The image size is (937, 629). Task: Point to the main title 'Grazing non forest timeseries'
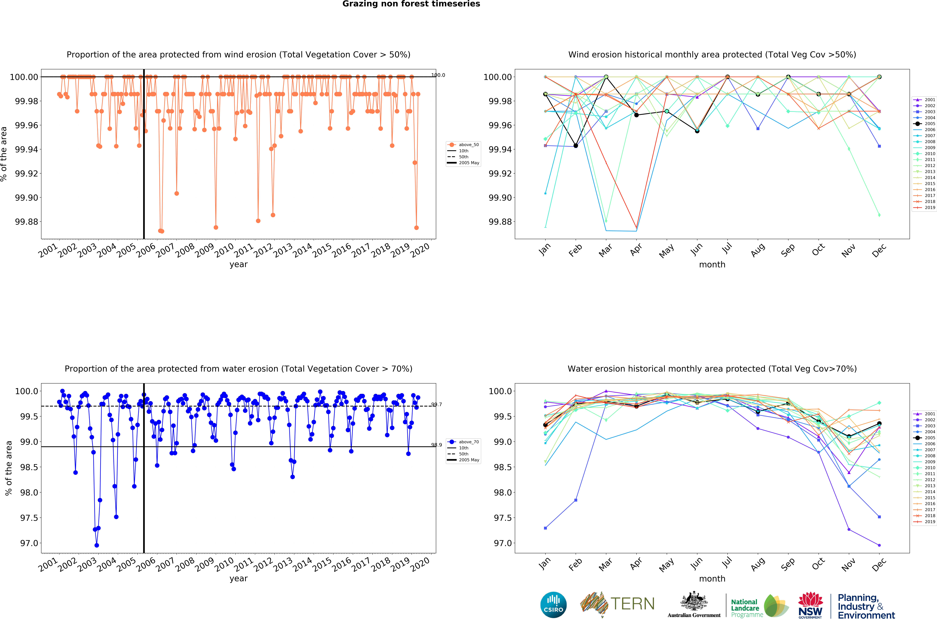pyautogui.click(x=411, y=4)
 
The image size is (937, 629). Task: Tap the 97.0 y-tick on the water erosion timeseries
pyautogui.click(x=29, y=543)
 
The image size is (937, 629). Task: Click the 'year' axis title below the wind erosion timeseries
pyautogui.click(x=238, y=264)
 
